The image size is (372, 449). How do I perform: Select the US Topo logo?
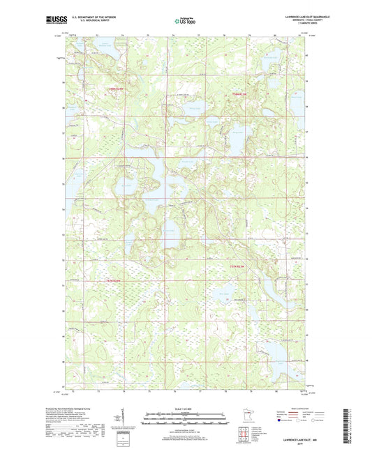click(x=185, y=20)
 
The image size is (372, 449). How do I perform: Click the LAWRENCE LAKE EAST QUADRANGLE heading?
click(x=303, y=15)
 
